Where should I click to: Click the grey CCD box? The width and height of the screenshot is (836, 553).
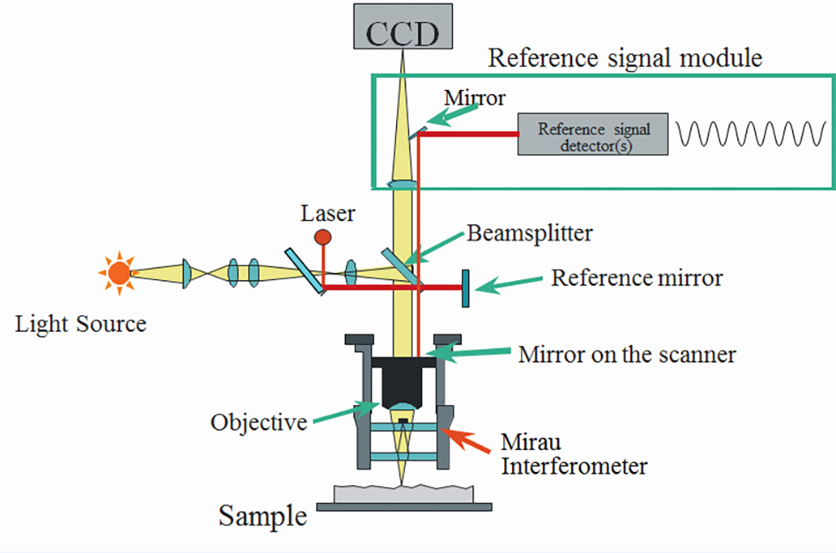pos(403,27)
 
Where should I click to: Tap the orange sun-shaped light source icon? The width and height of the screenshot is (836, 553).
pos(118,274)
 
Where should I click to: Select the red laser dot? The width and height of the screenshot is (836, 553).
pos(323,237)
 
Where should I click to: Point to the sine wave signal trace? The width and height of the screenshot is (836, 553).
pos(750,135)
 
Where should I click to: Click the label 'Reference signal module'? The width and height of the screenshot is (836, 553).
pos(625,59)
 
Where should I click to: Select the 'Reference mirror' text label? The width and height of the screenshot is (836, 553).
pos(636,278)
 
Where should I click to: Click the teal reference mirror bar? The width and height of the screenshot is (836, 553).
pos(464,287)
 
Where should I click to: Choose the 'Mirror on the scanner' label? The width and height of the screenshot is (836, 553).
pos(627,355)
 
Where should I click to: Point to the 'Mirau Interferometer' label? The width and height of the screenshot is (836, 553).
pos(573,453)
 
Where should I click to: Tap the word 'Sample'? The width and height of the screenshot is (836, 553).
pos(263,514)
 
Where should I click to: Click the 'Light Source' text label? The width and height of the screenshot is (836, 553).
pos(81,324)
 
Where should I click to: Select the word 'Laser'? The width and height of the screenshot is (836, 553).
pos(327,213)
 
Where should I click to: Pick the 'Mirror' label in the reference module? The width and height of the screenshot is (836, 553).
pos(475,98)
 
